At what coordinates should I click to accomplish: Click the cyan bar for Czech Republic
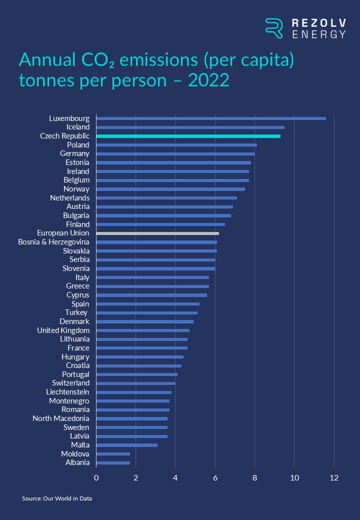click(188, 136)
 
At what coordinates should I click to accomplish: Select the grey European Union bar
click(157, 233)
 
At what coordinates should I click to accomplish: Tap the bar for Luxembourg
click(210, 118)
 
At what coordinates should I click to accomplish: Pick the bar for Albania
click(113, 463)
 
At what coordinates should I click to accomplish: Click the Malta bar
click(126, 445)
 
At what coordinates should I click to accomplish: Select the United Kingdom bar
click(142, 330)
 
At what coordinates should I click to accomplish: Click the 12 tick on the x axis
click(334, 478)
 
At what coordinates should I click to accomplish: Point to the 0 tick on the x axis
click(96, 478)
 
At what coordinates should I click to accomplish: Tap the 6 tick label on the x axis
click(215, 478)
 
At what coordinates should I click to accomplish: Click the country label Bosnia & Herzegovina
click(53, 242)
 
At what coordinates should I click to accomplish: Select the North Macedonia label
click(60, 418)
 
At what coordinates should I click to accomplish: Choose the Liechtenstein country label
click(67, 392)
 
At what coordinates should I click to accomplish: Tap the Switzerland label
click(70, 383)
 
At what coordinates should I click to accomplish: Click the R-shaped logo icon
click(274, 28)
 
